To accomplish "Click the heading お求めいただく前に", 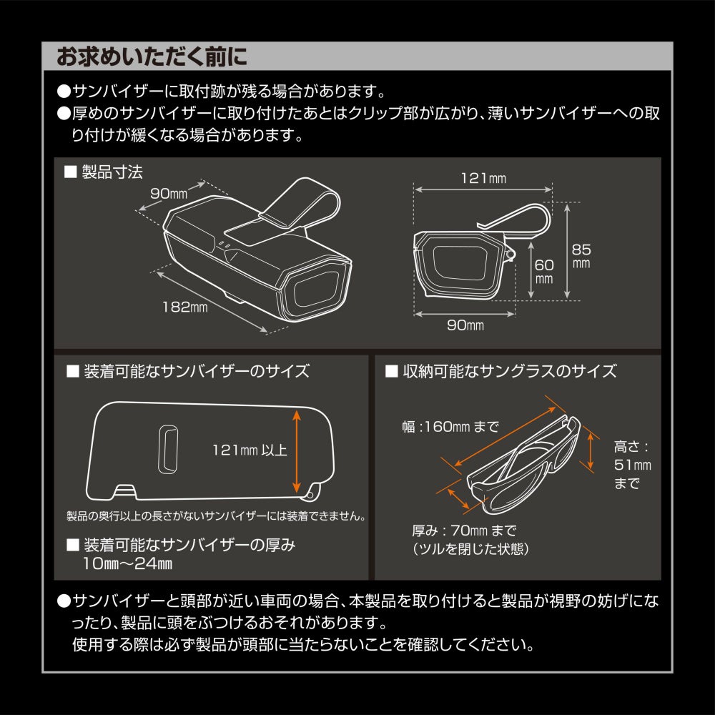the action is [x=152, y=57].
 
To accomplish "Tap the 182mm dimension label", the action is [x=184, y=307].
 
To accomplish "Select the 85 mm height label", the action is [x=581, y=256].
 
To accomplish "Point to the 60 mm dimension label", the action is [x=544, y=271].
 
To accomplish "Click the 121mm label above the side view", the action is [x=483, y=178].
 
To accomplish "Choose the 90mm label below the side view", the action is [x=465, y=325].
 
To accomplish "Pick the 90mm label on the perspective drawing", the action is [x=169, y=193].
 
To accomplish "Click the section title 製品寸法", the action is [x=112, y=172].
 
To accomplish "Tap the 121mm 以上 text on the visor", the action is [x=250, y=450].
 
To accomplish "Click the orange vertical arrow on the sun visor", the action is [x=297, y=451].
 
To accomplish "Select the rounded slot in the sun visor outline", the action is [x=168, y=450].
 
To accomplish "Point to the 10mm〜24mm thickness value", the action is [x=128, y=563].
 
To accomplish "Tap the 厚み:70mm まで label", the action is [x=464, y=531].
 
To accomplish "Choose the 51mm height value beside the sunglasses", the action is [x=633, y=465].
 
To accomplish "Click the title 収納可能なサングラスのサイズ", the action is [x=510, y=371].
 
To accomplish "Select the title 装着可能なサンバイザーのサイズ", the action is [x=197, y=371].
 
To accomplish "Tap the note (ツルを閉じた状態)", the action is [x=470, y=548].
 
